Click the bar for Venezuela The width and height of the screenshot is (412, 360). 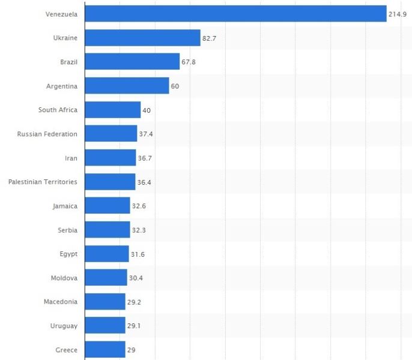click(x=235, y=13)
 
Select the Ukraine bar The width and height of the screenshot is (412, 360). click(x=142, y=38)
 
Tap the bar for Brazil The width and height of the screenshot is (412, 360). click(x=132, y=62)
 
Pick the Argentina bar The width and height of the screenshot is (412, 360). click(x=127, y=86)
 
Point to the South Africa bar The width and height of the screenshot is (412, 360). click(x=113, y=110)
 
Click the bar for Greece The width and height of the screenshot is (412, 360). click(x=105, y=350)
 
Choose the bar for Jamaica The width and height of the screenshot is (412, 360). click(x=108, y=206)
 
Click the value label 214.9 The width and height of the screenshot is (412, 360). click(x=398, y=14)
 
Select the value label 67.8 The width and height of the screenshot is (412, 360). click(x=190, y=62)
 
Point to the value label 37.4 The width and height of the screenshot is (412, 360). click(x=146, y=134)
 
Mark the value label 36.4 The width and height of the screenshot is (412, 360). click(x=144, y=182)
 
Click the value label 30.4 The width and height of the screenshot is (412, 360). click(x=136, y=278)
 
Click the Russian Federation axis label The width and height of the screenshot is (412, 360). click(x=47, y=134)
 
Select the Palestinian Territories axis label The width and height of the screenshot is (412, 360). click(x=43, y=182)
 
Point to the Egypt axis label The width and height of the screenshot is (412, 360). click(x=68, y=254)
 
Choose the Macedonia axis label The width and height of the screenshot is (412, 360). click(x=61, y=302)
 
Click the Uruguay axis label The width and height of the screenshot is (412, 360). click(x=64, y=326)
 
